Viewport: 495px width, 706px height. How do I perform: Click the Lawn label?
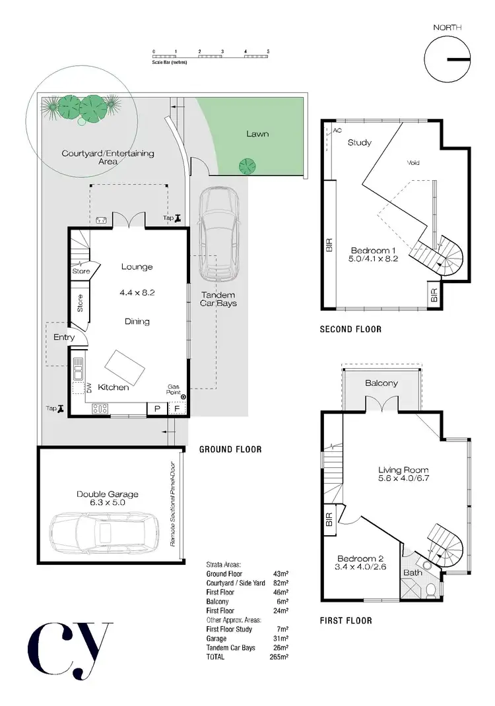pos(257,134)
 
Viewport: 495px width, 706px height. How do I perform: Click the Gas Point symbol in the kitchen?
pos(183,397)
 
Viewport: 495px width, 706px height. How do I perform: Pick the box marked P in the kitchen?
pos(157,409)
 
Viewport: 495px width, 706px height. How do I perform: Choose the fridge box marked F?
pos(177,409)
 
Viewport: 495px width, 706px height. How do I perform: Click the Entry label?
pos(64,337)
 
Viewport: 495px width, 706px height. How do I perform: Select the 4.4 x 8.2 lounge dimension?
pos(137,292)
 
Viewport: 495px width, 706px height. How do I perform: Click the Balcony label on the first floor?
pos(381,383)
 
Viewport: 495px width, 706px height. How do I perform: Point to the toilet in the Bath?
pos(431,589)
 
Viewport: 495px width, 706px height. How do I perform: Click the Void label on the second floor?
pos(413,163)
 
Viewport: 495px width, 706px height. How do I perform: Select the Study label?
pos(360,143)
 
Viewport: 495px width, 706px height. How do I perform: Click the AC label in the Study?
pos(337,131)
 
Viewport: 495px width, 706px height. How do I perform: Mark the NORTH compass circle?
pos(447,59)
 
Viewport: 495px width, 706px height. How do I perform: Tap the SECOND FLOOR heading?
pos(350,329)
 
